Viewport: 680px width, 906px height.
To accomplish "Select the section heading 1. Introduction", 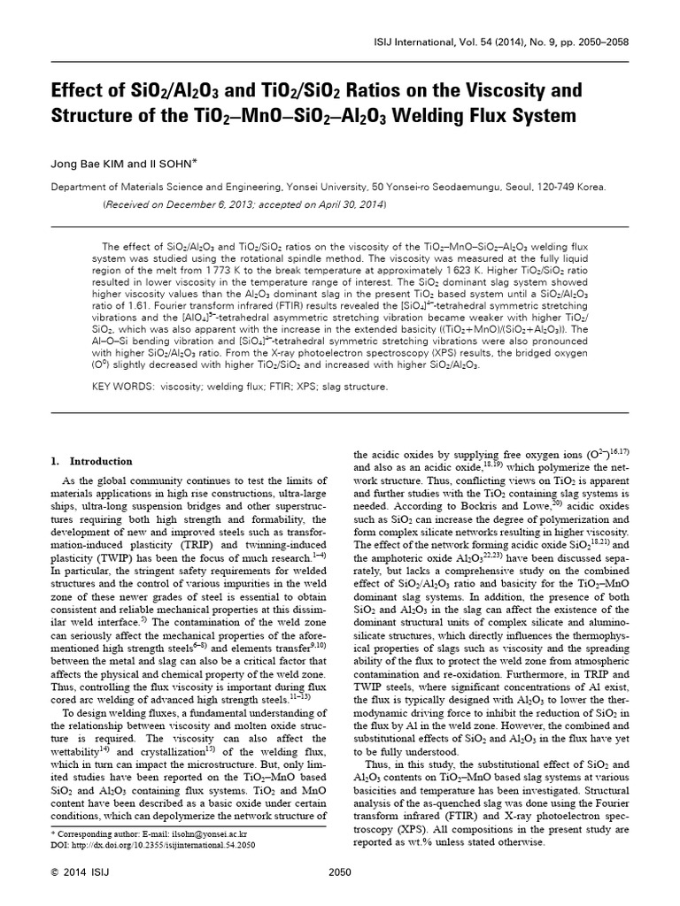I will click(92, 461).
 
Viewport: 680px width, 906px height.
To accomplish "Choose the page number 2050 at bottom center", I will click(340, 874).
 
